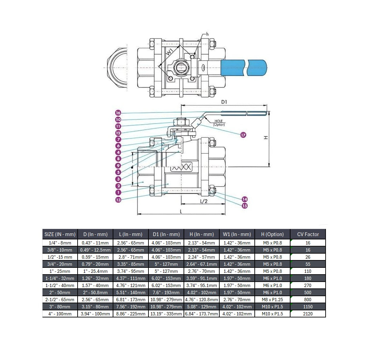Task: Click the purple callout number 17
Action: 243,135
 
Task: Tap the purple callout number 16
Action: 118,113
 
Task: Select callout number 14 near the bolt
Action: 245,199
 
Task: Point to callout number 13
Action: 118,200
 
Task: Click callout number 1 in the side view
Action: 118,192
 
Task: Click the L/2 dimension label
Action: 204,201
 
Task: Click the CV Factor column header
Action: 308,234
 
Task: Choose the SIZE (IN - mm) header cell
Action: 60,234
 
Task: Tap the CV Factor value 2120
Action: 308,314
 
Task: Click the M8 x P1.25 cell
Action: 273,300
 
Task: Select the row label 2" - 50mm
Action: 60,292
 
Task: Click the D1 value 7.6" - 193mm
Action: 166,292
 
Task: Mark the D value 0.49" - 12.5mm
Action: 95,250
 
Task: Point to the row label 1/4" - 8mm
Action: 60,243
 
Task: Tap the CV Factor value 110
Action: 308,271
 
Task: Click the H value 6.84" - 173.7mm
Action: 201,314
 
